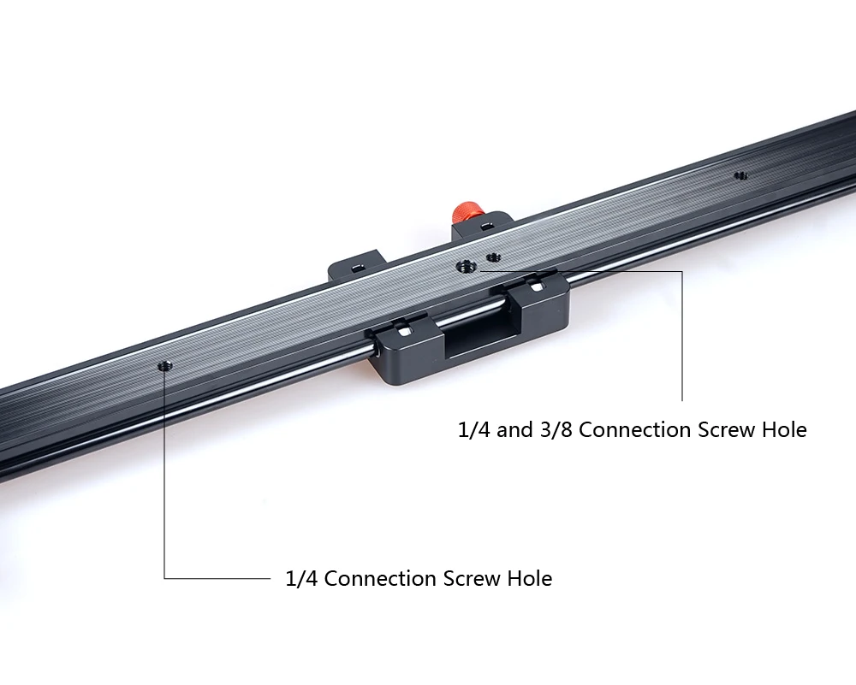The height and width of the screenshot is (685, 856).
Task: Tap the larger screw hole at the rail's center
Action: coord(466,267)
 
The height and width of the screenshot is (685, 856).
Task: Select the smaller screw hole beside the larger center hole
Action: coord(494,257)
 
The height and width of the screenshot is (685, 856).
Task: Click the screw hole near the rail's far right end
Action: coord(740,175)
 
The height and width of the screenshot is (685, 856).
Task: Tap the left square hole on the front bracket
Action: coord(404,331)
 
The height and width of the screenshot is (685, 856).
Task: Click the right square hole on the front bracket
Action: coord(538,286)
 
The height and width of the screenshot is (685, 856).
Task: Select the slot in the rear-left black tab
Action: coord(358,267)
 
